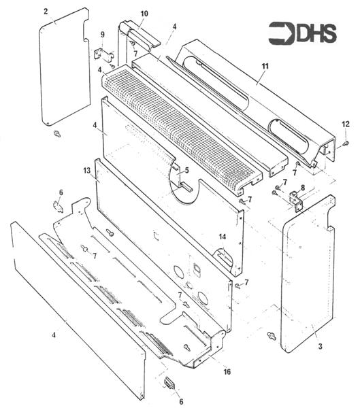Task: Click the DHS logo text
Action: click(x=316, y=33)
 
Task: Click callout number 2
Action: click(x=46, y=12)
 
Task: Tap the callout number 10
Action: click(x=144, y=14)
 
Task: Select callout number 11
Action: click(x=265, y=66)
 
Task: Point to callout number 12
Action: click(x=346, y=124)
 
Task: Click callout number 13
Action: click(x=86, y=171)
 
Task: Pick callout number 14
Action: click(x=223, y=237)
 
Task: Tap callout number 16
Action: click(x=227, y=371)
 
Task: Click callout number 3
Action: click(x=320, y=346)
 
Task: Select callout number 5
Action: click(x=186, y=171)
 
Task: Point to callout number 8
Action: click(x=302, y=188)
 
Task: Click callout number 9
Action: click(x=102, y=35)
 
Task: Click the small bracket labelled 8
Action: click(x=296, y=201)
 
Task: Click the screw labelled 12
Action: click(x=346, y=143)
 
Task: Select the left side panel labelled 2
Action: click(x=65, y=67)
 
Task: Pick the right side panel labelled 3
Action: click(x=308, y=274)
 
